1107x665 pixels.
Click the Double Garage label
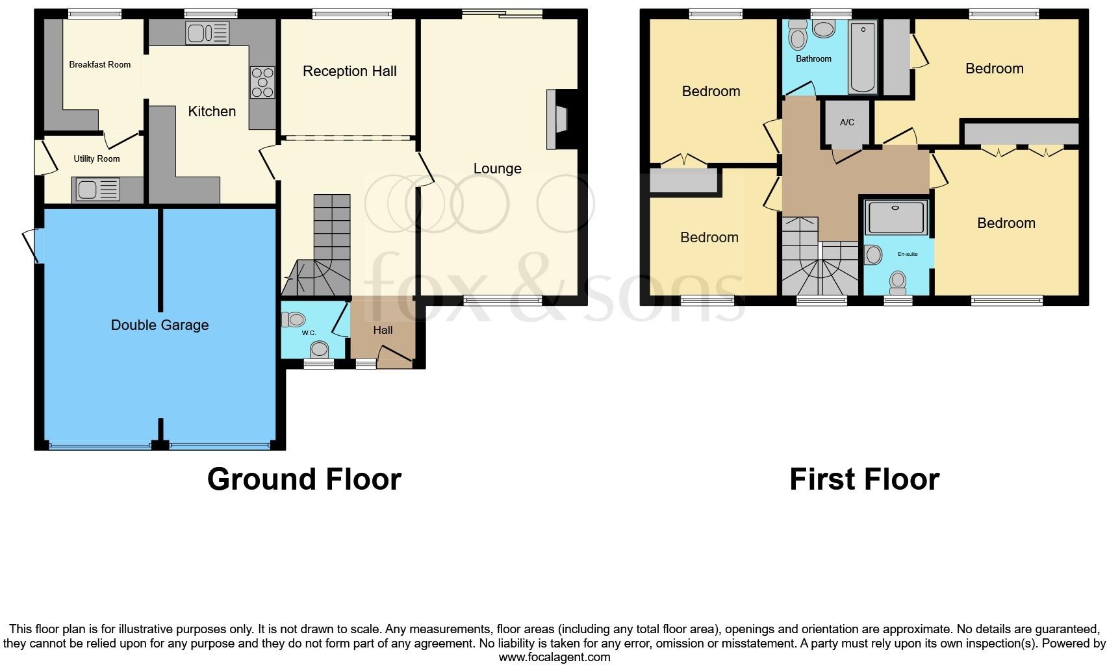click(160, 325)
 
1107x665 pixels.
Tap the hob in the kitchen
click(262, 82)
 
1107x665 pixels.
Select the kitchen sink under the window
click(207, 32)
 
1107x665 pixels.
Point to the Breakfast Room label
click(100, 64)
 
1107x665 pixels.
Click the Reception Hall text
click(350, 71)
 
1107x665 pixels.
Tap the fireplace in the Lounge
click(557, 120)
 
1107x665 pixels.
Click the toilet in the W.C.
click(294, 319)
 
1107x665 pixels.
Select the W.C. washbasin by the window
click(319, 350)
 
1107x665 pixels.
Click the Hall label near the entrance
click(383, 330)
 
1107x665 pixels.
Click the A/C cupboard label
click(847, 122)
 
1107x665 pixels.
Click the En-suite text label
click(908, 254)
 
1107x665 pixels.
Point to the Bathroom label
click(813, 59)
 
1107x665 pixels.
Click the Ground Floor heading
click(304, 479)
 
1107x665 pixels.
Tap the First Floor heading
click(864, 479)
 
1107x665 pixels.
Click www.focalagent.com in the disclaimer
click(554, 657)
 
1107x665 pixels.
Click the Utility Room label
click(97, 158)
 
